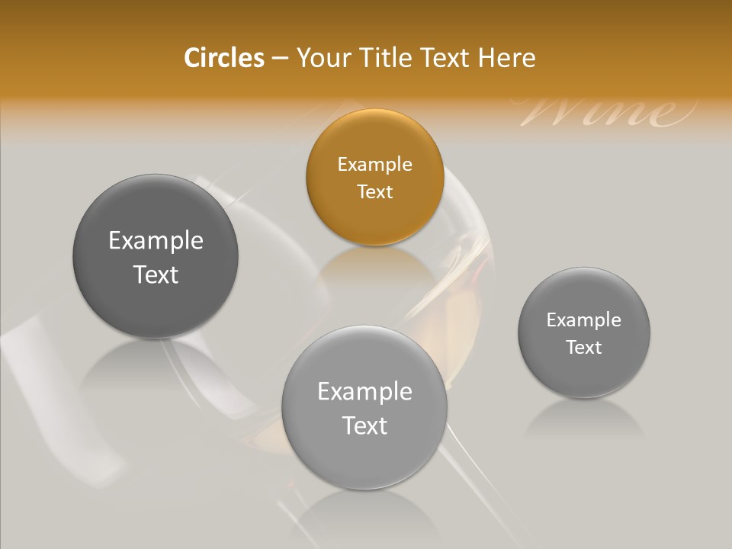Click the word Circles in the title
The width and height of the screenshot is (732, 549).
(x=224, y=58)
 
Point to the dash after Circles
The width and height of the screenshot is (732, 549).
(x=280, y=59)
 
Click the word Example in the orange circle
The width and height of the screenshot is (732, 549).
(x=374, y=165)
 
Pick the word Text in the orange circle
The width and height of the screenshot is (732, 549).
(x=374, y=192)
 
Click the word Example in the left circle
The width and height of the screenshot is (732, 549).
(x=156, y=241)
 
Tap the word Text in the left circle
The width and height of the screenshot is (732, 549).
(x=156, y=275)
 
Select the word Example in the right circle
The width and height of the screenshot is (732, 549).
(x=584, y=320)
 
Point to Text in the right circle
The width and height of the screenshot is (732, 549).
(x=584, y=348)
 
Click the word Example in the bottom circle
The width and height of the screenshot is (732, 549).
(x=364, y=392)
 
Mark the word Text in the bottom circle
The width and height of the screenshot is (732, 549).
(x=364, y=425)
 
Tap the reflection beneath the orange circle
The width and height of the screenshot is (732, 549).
(x=374, y=267)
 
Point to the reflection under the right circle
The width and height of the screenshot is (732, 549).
(x=584, y=418)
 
